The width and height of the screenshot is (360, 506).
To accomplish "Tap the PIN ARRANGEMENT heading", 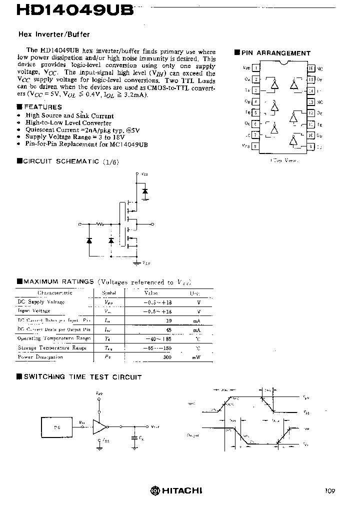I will point(275,53).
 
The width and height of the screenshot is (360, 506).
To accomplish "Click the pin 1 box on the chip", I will point(256,67).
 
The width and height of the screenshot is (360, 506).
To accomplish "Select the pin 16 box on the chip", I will point(311,67).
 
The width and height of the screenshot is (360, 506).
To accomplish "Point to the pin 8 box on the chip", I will point(256,146).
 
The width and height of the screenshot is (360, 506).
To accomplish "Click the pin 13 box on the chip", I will point(311,101).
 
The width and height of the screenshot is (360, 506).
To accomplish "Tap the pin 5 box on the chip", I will point(256,113).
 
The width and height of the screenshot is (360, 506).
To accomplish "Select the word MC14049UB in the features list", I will point(131,144).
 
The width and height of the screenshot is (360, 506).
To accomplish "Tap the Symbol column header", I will point(109,293).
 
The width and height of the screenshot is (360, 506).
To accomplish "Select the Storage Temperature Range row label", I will point(52,347).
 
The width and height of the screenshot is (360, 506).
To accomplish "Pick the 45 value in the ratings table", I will point(168,329).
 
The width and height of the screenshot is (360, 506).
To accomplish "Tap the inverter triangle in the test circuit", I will point(100,426).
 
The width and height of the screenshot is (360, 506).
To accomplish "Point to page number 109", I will point(329,491).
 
